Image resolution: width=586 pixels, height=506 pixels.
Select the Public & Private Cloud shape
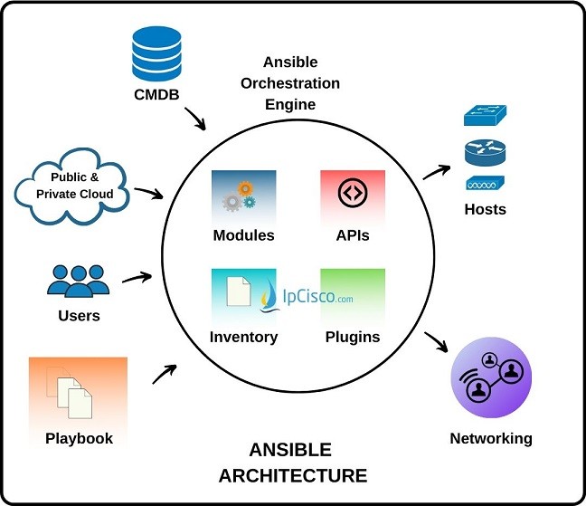pyautogui.click(x=74, y=186)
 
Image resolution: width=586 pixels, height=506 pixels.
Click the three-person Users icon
pyautogui.click(x=78, y=281)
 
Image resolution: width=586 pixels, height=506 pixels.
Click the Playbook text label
pyautogui.click(x=79, y=438)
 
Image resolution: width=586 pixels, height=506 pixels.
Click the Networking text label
pyautogui.click(x=491, y=439)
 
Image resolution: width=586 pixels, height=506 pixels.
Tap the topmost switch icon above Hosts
pyautogui.click(x=486, y=116)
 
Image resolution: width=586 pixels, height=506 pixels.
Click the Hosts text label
pyautogui.click(x=487, y=209)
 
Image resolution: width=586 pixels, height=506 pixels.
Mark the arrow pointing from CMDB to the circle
pyautogui.click(x=198, y=119)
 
